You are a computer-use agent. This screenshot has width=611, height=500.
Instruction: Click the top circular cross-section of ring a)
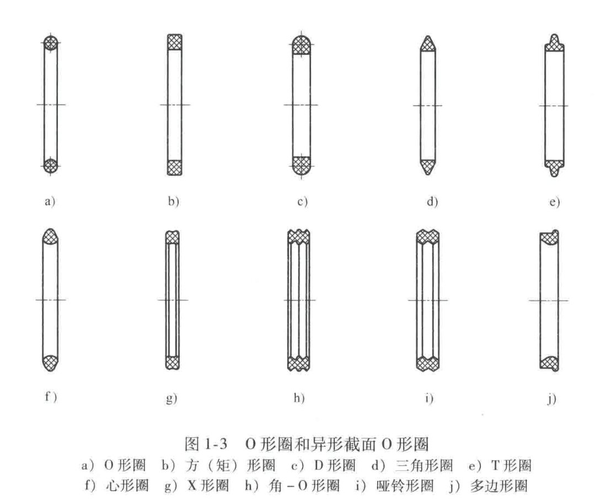51,42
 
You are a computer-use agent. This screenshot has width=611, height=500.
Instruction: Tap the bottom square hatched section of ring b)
175,167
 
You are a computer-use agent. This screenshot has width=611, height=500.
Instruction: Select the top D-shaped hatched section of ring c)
302,44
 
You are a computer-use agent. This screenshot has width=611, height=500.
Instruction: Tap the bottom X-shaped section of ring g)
172,363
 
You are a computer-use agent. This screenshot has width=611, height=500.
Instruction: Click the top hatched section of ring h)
299,237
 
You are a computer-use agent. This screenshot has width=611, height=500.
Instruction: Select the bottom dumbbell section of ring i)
427,363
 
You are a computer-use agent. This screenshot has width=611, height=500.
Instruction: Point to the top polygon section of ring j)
549,237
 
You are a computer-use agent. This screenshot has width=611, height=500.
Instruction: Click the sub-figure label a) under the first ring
50,201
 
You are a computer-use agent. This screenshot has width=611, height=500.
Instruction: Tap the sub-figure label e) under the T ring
555,202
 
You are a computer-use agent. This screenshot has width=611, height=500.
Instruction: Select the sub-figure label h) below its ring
299,397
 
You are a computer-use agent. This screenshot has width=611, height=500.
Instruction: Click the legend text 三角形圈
424,465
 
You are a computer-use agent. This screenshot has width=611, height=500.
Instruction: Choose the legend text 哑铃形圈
405,486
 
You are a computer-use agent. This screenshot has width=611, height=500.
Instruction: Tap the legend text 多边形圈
499,486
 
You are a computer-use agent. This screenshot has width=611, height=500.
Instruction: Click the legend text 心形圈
127,486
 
